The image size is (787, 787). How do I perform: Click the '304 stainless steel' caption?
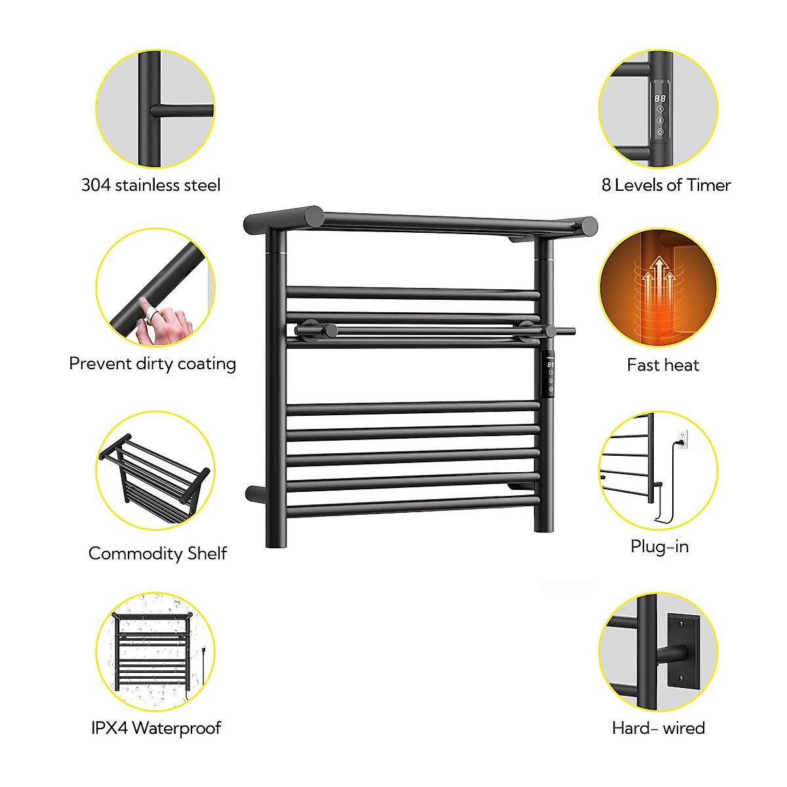pos(151,186)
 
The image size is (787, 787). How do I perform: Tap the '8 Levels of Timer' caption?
pos(666,186)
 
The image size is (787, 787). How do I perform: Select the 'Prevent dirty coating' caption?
pos(152,364)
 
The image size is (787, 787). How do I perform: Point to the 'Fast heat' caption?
pos(662,365)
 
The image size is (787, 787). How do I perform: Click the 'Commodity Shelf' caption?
pos(157,554)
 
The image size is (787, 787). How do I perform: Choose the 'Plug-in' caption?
pos(659,546)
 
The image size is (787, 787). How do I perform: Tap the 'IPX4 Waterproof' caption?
pos(156,728)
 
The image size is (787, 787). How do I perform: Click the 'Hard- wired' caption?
pos(658,728)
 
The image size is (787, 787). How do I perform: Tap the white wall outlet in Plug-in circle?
pos(683,438)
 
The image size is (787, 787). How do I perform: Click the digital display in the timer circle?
pos(660,98)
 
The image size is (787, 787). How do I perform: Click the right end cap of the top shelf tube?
pos(590,226)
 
